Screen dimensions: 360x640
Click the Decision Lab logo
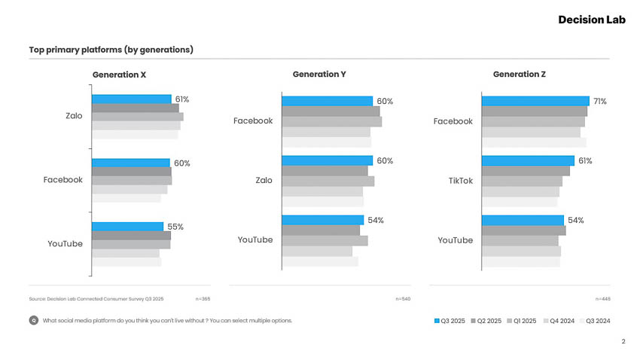tap(592, 20)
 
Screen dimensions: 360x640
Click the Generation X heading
tap(120, 75)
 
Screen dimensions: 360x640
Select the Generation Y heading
tap(319, 75)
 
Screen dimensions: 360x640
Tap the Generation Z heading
tap(520, 75)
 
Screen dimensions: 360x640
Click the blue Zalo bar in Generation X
tap(131, 99)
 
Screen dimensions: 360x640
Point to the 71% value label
tap(599, 101)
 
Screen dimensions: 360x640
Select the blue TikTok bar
tap(527, 160)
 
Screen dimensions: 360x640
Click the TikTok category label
tap(461, 181)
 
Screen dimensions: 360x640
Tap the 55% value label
tap(175, 227)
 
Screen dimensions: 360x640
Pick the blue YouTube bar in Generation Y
tap(322, 220)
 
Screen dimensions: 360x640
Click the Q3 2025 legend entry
tap(451, 321)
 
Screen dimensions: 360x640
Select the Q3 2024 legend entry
tap(593, 321)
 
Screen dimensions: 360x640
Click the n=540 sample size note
tap(403, 299)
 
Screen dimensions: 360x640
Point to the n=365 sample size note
tap(203, 299)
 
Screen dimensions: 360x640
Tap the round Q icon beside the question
tap(33, 321)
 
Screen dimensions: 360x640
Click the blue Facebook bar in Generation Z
tap(535, 101)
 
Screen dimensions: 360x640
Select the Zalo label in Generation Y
tap(264, 181)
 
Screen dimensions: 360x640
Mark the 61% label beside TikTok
tap(585, 161)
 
